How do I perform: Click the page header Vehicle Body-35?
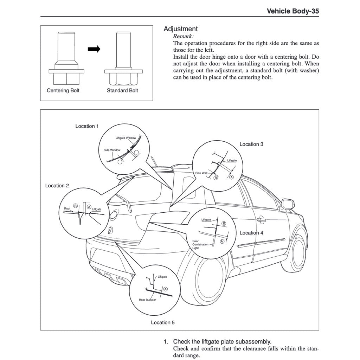293,11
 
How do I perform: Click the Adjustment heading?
181,29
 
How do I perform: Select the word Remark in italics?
183,36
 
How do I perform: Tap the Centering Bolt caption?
63,90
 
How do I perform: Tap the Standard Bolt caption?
122,90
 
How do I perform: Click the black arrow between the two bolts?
94,50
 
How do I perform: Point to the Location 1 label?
87,126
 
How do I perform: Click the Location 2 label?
57,186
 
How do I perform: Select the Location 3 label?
251,144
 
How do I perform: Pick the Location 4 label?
251,233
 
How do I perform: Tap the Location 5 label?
163,322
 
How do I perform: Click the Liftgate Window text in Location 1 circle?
126,138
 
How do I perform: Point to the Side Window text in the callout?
112,150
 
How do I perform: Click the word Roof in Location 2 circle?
67,208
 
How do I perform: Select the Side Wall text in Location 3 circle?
201,173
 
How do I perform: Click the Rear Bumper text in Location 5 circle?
147,300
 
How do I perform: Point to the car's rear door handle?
261,220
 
